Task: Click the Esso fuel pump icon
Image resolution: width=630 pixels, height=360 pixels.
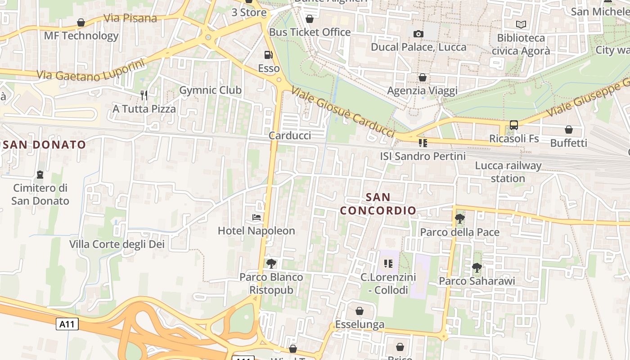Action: (268, 55)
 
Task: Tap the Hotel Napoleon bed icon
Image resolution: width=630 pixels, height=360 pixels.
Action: (256, 218)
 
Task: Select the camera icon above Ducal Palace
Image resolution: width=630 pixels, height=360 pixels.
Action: (418, 34)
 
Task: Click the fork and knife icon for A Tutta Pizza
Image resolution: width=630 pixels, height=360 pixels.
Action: (144, 95)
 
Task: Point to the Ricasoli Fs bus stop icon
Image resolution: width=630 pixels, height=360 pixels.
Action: (513, 125)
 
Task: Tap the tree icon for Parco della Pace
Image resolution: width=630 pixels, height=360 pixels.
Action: (459, 219)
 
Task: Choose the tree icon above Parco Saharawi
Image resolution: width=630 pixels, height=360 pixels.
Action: (477, 268)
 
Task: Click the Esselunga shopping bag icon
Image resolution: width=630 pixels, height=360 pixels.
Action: (359, 311)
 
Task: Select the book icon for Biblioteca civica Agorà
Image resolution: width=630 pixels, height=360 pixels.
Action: (521, 25)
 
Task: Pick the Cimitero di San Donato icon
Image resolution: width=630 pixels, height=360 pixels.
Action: (40, 175)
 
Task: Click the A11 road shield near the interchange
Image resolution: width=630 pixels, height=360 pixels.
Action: (67, 324)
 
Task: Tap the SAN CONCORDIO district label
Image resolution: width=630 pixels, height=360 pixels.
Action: (378, 204)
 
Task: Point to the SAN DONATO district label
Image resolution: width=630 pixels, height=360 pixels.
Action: (44, 144)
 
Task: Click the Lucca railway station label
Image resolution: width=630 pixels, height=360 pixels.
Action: (508, 172)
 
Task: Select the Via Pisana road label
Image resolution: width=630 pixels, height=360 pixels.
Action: (130, 18)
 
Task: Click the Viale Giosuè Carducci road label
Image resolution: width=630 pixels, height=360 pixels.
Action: (343, 112)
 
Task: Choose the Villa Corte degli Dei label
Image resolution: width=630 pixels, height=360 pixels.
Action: (117, 244)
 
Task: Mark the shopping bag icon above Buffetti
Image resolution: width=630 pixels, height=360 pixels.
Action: (569, 130)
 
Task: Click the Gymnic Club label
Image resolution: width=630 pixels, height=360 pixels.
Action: (210, 90)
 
